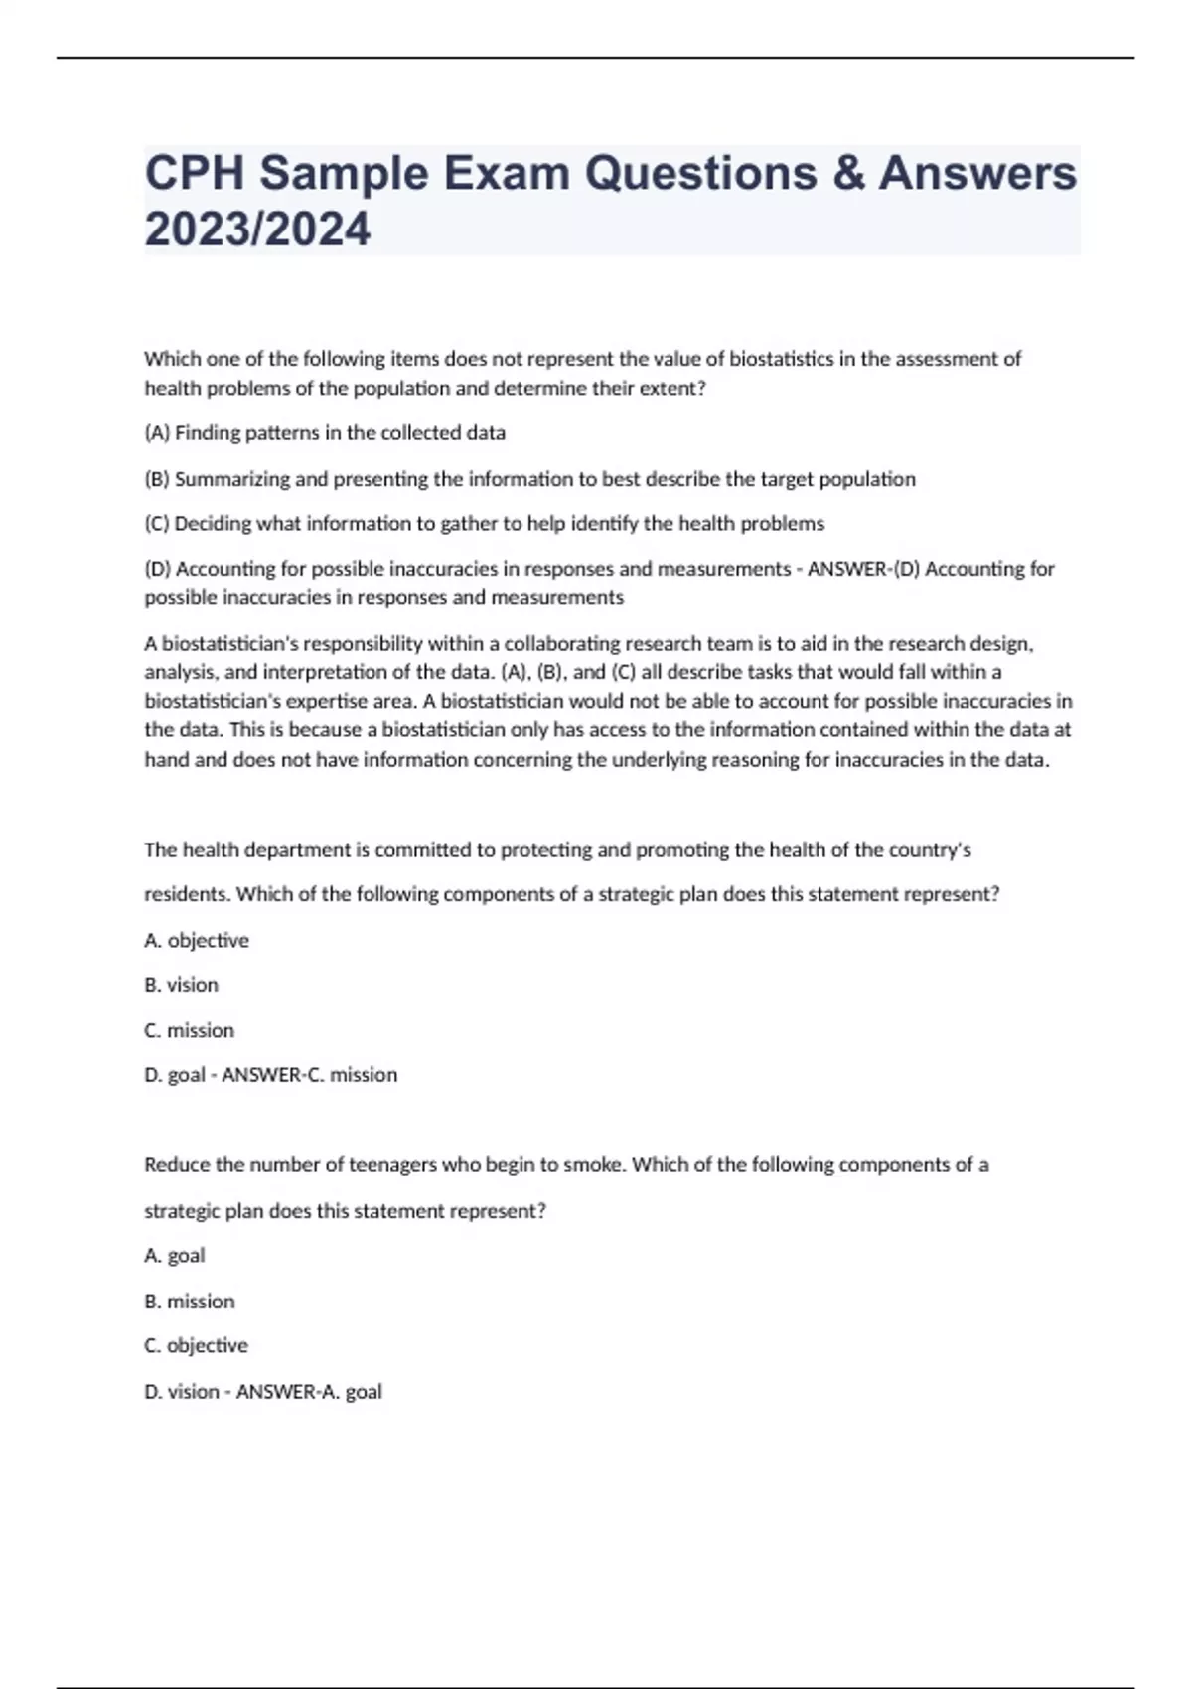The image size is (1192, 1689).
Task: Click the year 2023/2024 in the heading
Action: (x=257, y=230)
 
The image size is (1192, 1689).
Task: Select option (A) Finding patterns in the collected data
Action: (x=325, y=433)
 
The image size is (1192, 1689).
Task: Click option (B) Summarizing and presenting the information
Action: (x=529, y=479)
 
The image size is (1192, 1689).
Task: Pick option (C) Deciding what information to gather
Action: (x=484, y=524)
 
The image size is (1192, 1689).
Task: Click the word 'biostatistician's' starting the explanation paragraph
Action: (x=227, y=644)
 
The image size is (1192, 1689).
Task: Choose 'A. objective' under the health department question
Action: (x=197, y=940)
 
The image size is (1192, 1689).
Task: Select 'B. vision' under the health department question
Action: (x=181, y=985)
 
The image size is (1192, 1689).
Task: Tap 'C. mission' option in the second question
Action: (x=190, y=1030)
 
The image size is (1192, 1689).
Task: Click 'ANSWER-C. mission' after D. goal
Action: (x=309, y=1075)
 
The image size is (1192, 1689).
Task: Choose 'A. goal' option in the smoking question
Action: (x=175, y=1256)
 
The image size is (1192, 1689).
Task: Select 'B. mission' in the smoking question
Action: (x=190, y=1302)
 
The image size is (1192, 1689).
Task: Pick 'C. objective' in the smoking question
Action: (x=196, y=1346)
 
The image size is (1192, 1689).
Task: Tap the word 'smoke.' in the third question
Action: (x=595, y=1165)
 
